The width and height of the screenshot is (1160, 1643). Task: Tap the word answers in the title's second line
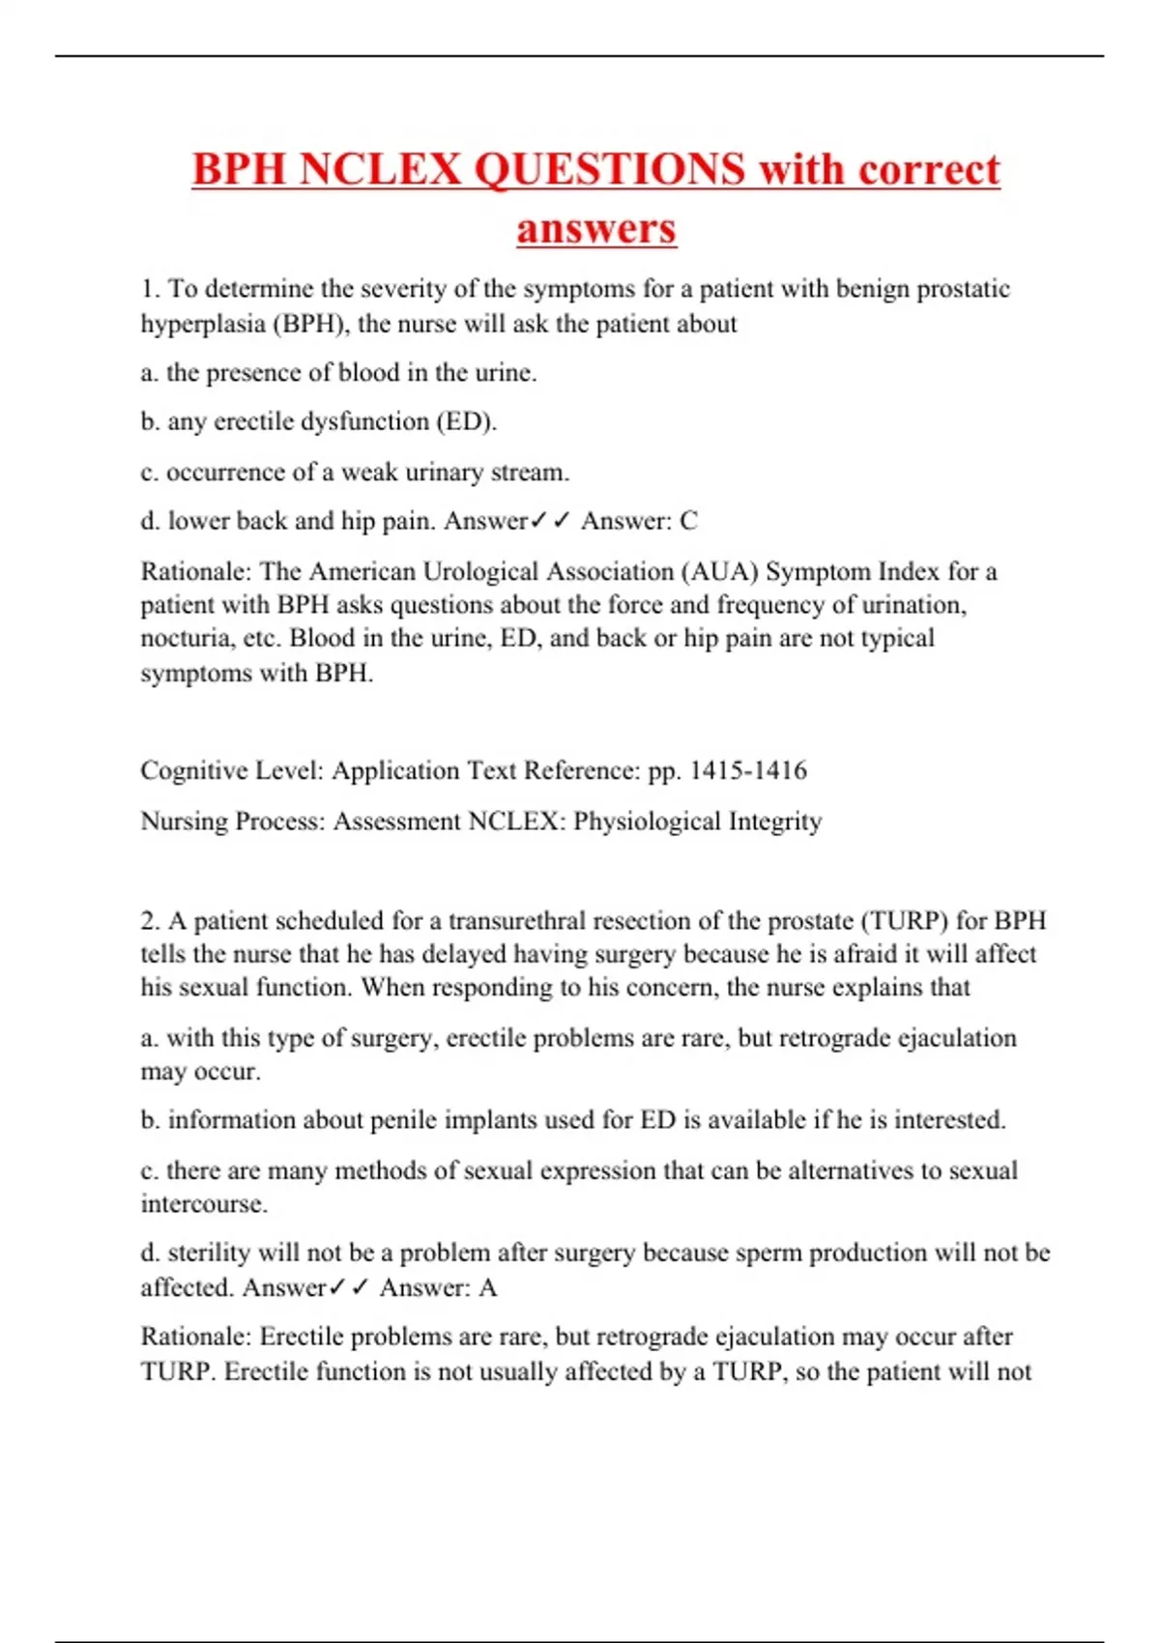pyautogui.click(x=596, y=229)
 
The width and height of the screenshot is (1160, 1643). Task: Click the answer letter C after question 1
pyautogui.click(x=688, y=521)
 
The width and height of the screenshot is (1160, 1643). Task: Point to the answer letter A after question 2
pyautogui.click(x=487, y=1287)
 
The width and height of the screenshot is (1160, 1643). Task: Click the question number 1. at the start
pyautogui.click(x=150, y=289)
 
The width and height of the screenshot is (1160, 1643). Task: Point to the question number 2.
pyautogui.click(x=150, y=920)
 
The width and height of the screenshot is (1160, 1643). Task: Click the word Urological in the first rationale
pyautogui.click(x=474, y=571)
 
